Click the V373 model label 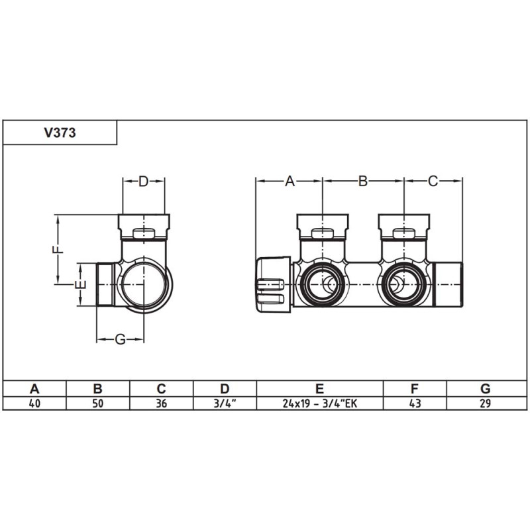click(x=60, y=132)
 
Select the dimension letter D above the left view click(x=143, y=182)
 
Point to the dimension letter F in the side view click(x=58, y=250)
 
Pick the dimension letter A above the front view click(x=289, y=181)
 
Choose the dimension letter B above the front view click(x=362, y=181)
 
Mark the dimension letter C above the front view click(x=433, y=181)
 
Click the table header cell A click(x=34, y=389)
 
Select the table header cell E click(x=319, y=389)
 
